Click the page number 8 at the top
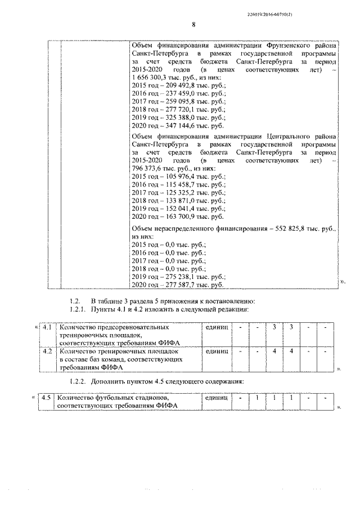coord(193,25)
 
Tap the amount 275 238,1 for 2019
coord(175,277)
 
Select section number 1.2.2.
coord(78,381)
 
